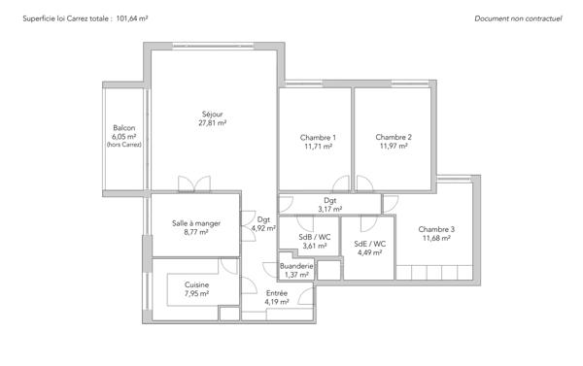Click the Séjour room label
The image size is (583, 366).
click(x=212, y=114)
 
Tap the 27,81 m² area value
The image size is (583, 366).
click(x=212, y=123)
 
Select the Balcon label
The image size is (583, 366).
click(x=124, y=128)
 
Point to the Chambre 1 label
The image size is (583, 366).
click(x=319, y=138)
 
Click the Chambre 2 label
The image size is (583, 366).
click(x=394, y=138)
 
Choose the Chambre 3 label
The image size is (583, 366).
click(x=436, y=229)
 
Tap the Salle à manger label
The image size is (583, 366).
click(x=196, y=223)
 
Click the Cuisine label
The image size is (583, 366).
click(x=196, y=284)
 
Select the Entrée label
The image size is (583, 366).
click(x=277, y=292)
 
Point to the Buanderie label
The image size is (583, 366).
click(x=296, y=266)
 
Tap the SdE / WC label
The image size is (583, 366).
click(x=370, y=245)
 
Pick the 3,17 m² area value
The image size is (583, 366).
click(x=330, y=209)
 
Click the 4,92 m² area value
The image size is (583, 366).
click(x=263, y=229)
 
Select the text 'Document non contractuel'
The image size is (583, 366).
click(x=518, y=18)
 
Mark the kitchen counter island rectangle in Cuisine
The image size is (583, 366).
click(x=197, y=289)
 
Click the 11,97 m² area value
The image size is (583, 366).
click(x=394, y=148)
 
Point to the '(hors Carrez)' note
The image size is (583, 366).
click(x=124, y=146)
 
